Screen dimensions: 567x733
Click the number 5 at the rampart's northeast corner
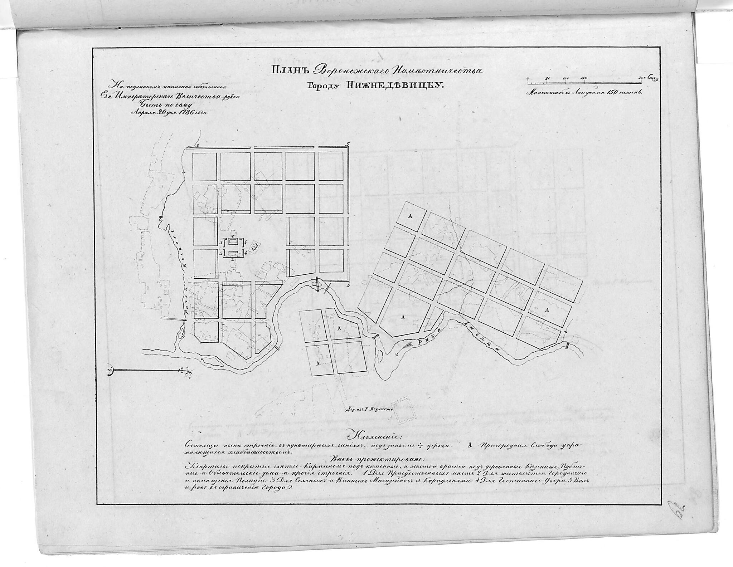tap(347, 144)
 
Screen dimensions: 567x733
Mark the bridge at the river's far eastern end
tap(567, 345)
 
